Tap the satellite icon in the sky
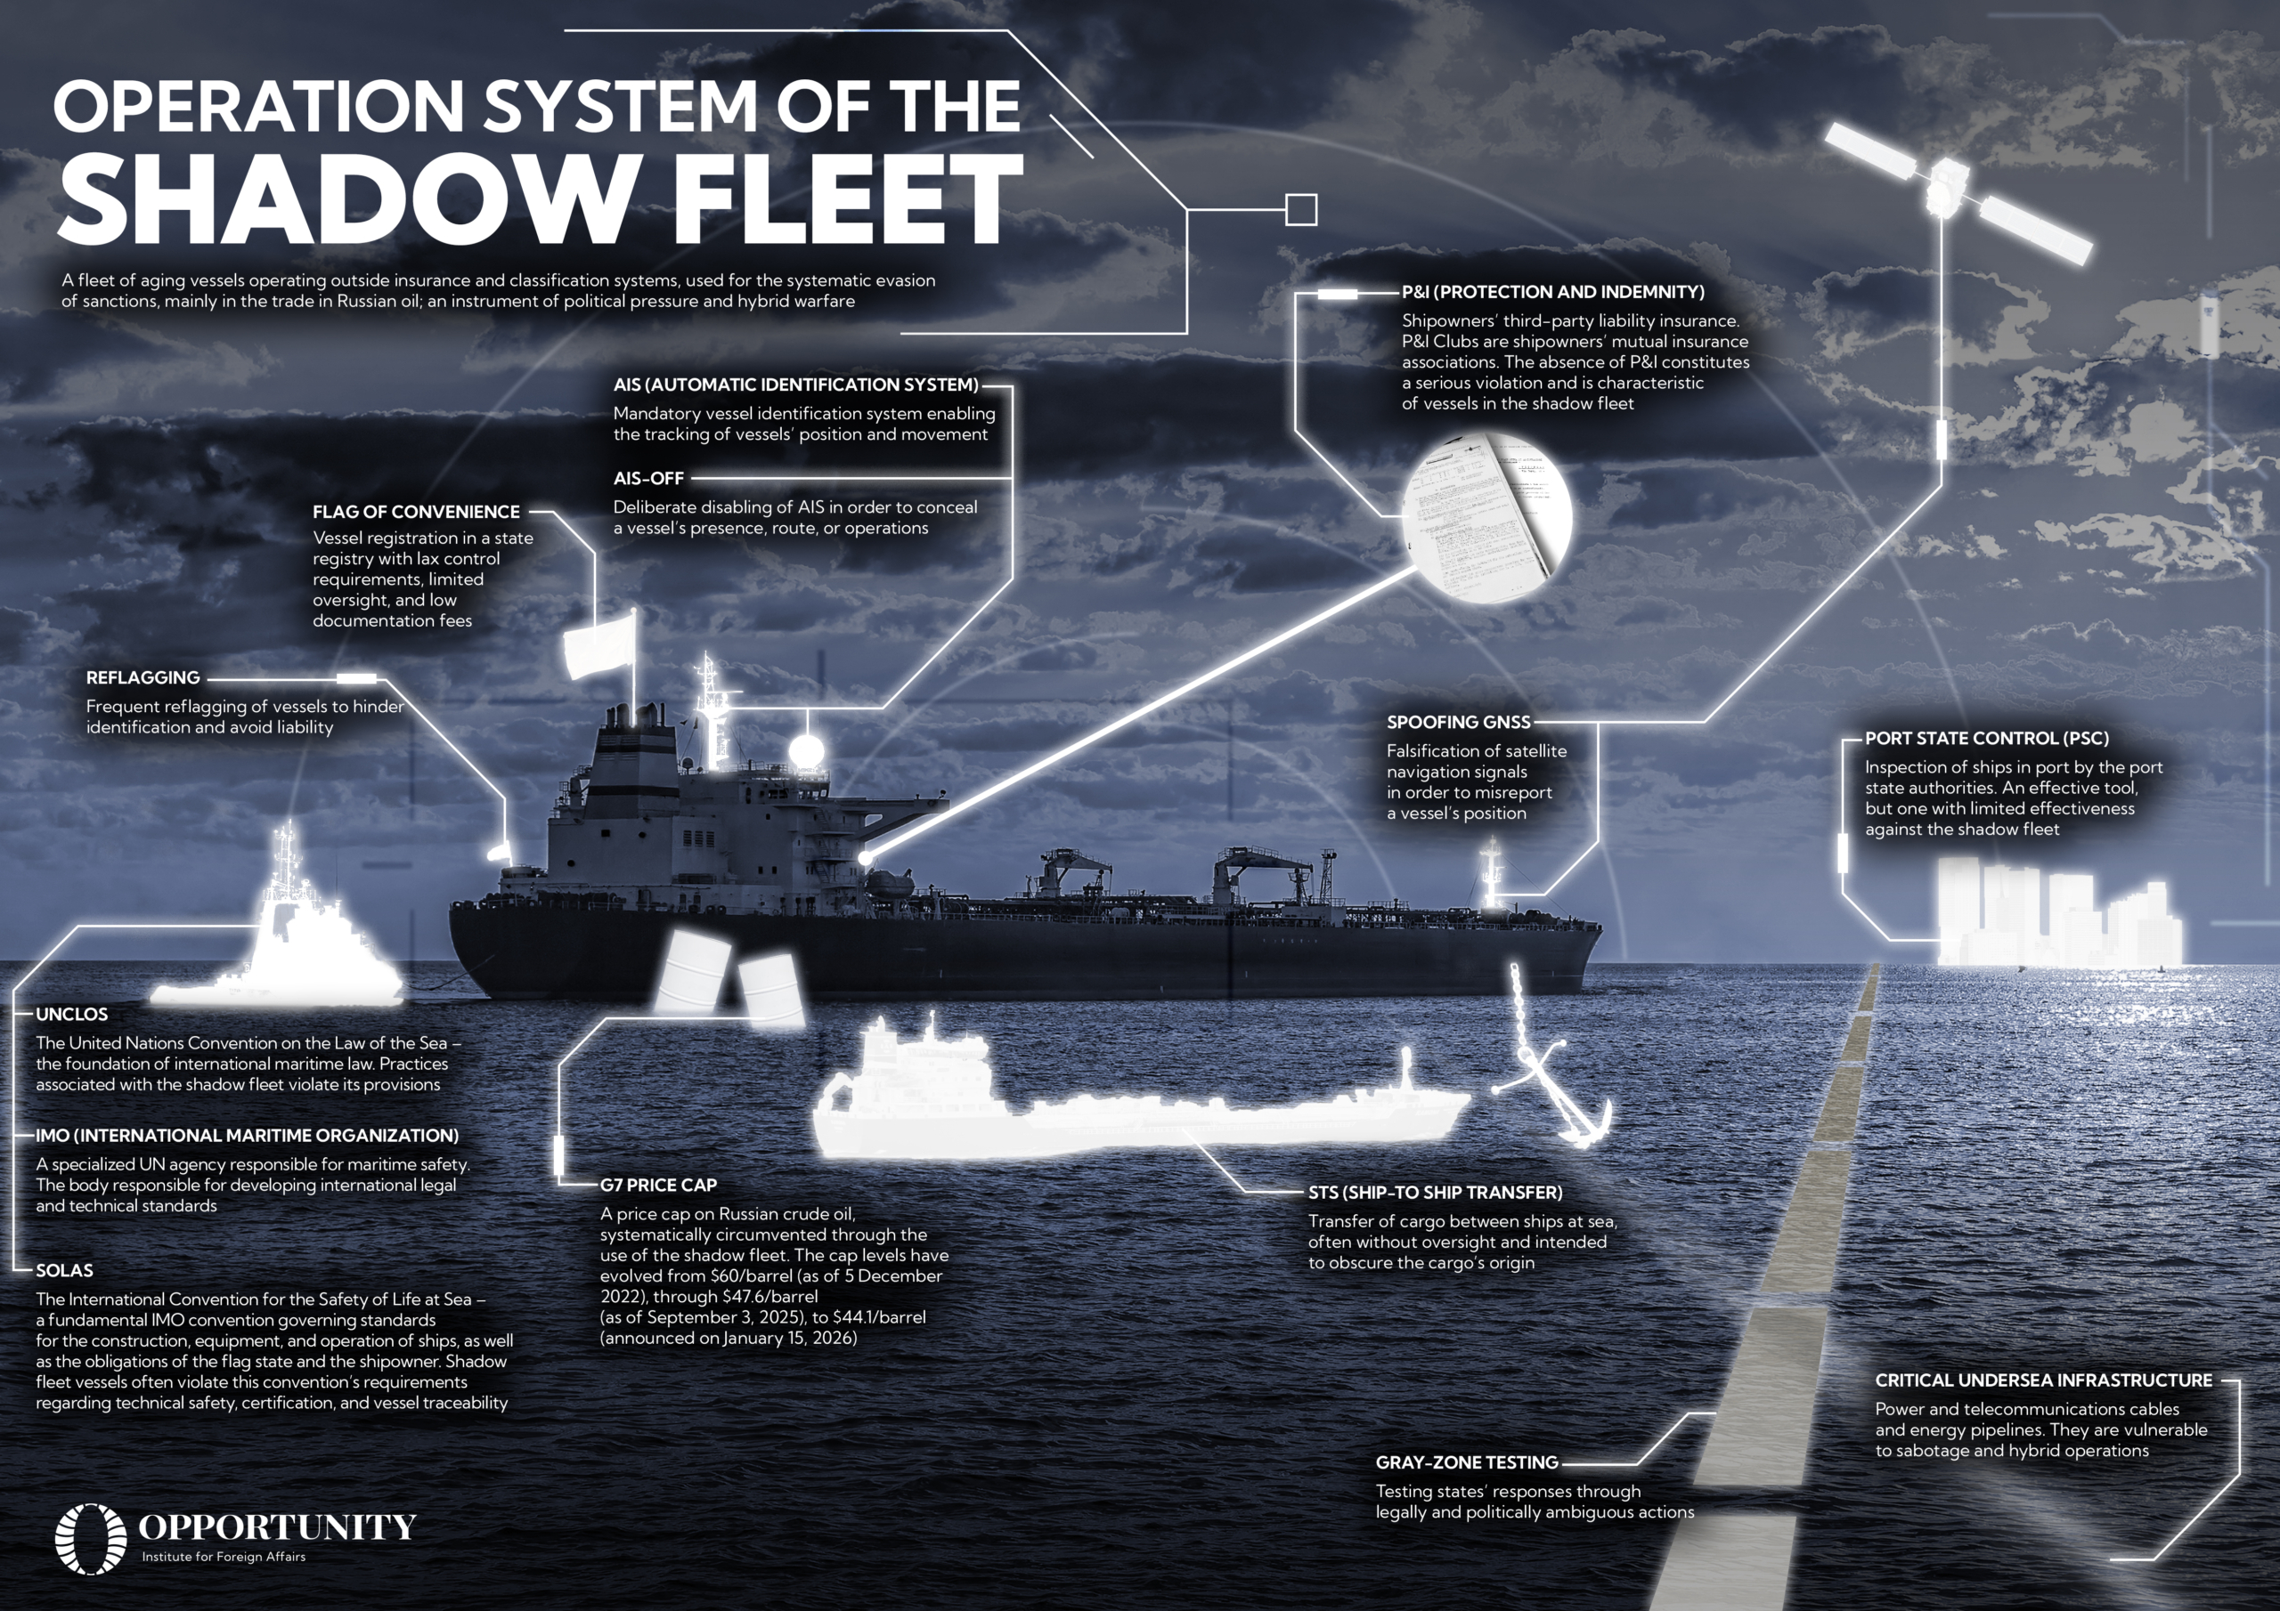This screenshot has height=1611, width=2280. pos(1957,193)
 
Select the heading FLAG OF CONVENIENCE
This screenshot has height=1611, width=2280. pos(416,512)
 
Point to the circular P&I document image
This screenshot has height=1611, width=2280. pos(1486,516)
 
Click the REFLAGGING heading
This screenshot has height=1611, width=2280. pos(143,678)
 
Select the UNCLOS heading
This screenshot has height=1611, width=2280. pos(71,1015)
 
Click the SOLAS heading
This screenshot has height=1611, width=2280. pos(64,1270)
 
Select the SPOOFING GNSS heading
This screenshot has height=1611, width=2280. pos(1459,723)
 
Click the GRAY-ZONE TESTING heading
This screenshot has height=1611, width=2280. pos(1467,1463)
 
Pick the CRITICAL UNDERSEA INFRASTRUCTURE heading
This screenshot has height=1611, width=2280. pos(2044,1380)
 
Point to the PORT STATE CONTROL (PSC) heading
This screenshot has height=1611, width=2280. pos(1987,739)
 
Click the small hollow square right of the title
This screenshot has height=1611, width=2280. pos(1301,209)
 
